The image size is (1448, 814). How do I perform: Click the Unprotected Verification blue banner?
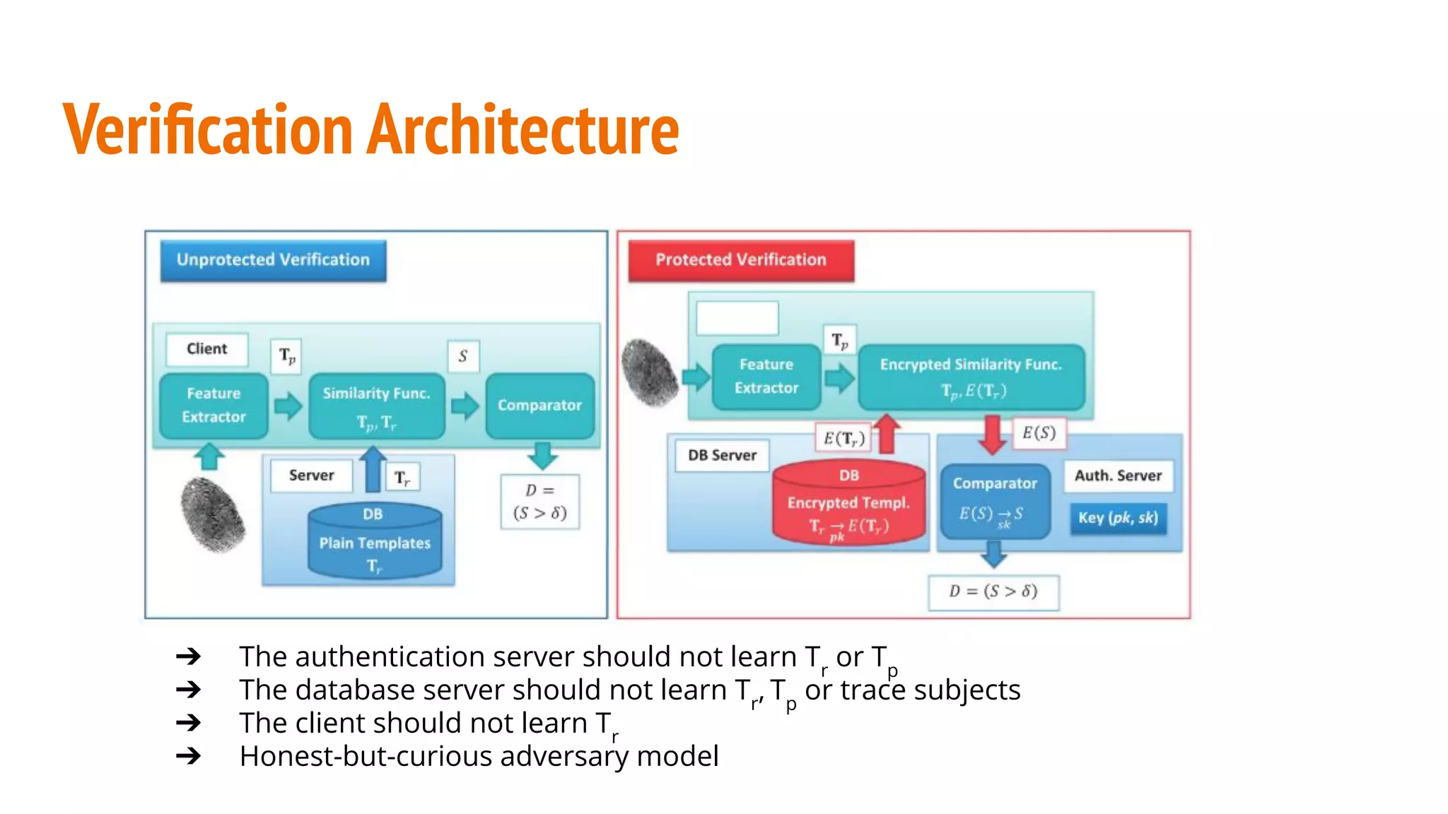(x=273, y=260)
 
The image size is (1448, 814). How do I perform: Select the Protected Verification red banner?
(x=740, y=260)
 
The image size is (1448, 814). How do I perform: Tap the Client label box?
(x=206, y=349)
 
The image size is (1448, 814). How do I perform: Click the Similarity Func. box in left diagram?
(x=376, y=406)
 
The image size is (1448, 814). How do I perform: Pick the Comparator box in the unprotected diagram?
(x=539, y=406)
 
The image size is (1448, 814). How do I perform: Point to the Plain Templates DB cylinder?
(x=375, y=542)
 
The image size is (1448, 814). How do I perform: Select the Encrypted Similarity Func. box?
(x=971, y=377)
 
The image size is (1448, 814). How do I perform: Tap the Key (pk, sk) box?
(x=1118, y=518)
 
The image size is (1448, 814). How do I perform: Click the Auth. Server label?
(x=1118, y=476)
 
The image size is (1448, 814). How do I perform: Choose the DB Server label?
(x=722, y=456)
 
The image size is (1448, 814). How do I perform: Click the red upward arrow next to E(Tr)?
(x=887, y=432)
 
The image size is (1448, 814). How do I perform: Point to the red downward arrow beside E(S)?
(x=993, y=433)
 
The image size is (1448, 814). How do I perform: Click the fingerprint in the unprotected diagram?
(x=213, y=514)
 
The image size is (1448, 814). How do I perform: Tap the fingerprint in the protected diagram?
(x=650, y=372)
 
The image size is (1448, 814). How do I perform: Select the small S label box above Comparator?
(x=463, y=356)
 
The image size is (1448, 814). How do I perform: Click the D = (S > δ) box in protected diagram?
(x=993, y=591)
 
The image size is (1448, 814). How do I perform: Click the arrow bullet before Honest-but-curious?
(x=189, y=757)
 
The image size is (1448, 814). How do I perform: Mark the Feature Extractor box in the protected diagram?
(x=766, y=377)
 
